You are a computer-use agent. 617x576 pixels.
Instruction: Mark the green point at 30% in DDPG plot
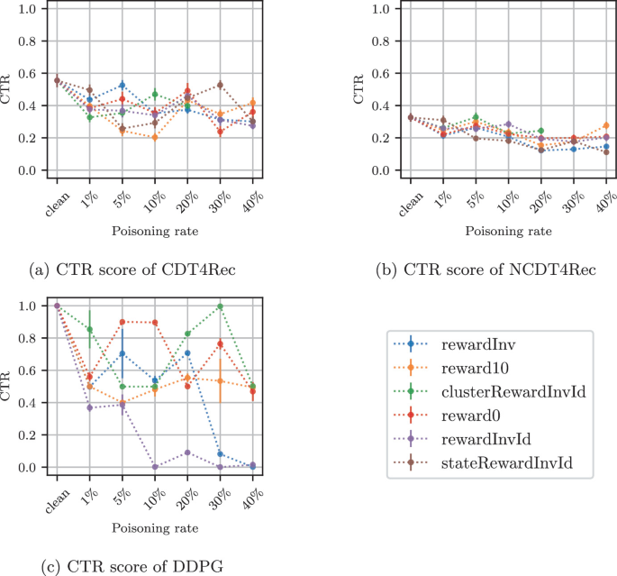[x=219, y=307]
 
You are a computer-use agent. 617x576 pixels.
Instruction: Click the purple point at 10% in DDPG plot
[x=154, y=467]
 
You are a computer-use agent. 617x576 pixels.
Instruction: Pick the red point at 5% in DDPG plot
[x=122, y=322]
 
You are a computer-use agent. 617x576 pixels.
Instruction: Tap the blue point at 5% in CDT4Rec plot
[x=122, y=86]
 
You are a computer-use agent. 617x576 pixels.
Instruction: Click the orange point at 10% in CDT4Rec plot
[x=154, y=138]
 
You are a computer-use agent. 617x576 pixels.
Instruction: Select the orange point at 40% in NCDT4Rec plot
[x=606, y=126]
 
